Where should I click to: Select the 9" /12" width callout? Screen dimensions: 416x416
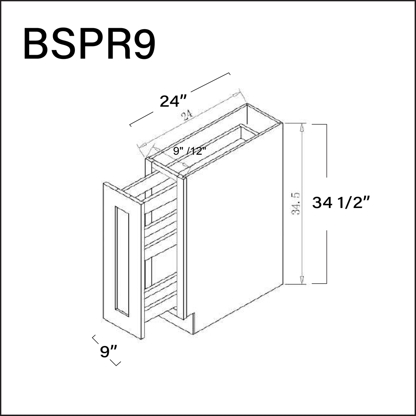[190, 151]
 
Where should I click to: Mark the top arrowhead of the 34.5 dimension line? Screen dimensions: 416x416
[302, 127]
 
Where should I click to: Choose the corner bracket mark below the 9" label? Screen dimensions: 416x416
[116, 363]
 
